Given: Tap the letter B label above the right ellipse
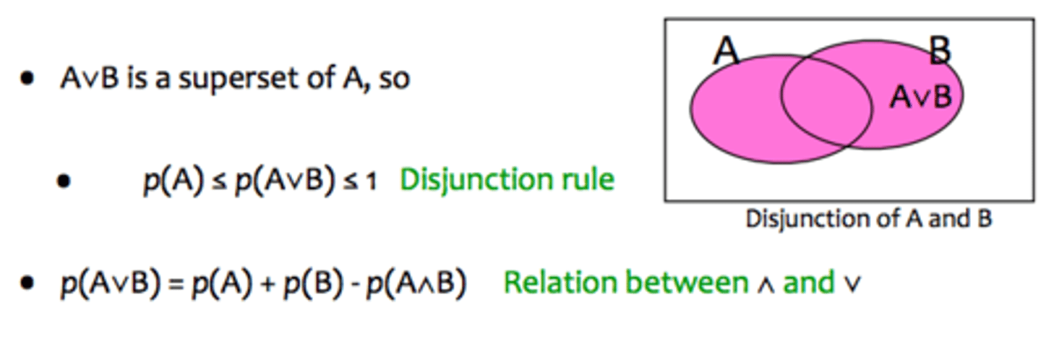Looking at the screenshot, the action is tap(939, 51).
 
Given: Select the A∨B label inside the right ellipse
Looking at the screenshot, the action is tap(920, 97).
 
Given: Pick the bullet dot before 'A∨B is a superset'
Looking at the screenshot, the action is tap(28, 79).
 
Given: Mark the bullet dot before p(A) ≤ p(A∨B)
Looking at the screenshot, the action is tap(65, 181).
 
